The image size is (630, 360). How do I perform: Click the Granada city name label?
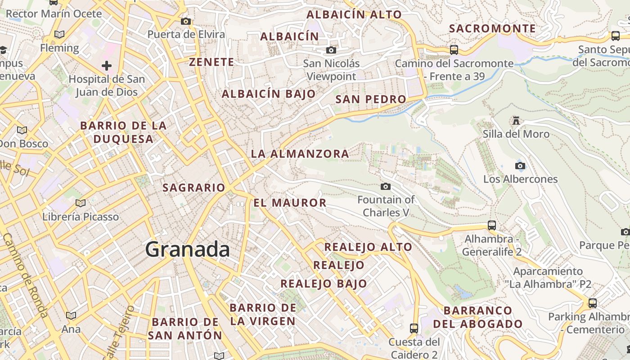coord(187,249)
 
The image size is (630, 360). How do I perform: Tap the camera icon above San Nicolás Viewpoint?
coord(331,50)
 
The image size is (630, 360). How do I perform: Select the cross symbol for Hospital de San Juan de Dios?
coord(107,66)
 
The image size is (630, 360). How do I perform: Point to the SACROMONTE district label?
coord(492,28)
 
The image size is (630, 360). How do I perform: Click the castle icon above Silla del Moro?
coord(516,120)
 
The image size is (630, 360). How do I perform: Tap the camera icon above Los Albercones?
coord(520,166)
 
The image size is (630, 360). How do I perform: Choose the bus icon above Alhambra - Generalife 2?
coord(492,225)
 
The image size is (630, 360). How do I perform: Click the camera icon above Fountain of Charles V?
coord(386,186)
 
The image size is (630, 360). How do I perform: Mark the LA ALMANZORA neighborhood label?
coord(300,153)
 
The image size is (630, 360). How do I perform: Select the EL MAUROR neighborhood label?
coord(290,202)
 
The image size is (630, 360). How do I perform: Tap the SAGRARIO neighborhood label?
coord(193,187)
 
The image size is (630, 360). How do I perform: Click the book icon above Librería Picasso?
coord(81,203)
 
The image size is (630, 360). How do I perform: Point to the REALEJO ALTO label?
coord(368,247)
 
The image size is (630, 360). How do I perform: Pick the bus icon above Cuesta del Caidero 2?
coord(414,328)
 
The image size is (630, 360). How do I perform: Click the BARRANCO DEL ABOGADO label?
coord(478,317)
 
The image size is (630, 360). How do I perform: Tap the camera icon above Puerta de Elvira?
coord(186,21)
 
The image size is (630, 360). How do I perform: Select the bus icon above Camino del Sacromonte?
coord(454,49)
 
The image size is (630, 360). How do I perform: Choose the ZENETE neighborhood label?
coord(211,62)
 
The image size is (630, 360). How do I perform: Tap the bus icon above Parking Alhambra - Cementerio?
coord(593,303)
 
